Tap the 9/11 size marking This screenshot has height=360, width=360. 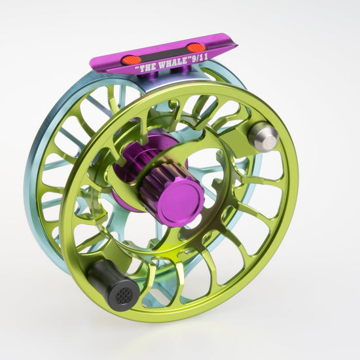[199, 58]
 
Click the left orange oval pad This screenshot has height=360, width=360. [131, 60]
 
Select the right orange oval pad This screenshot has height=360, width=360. [196, 48]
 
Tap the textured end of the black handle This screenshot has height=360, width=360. [124, 295]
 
